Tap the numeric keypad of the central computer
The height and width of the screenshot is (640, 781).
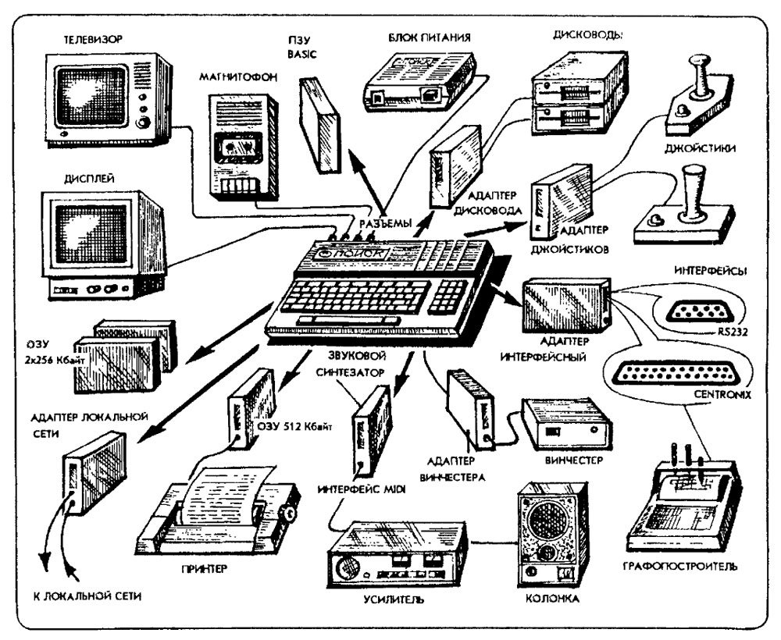[x=452, y=293]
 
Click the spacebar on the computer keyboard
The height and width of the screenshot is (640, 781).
[x=344, y=321]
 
